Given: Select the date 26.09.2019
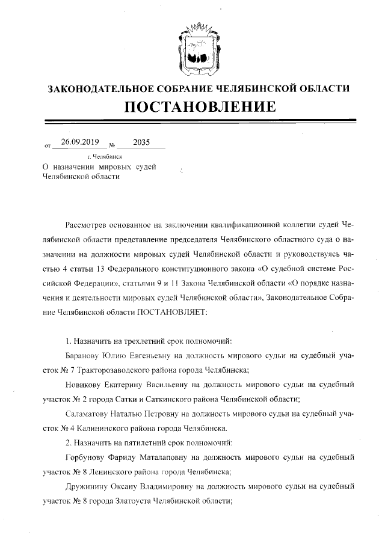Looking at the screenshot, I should [80, 143].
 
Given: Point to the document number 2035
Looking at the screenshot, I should [141, 143].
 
